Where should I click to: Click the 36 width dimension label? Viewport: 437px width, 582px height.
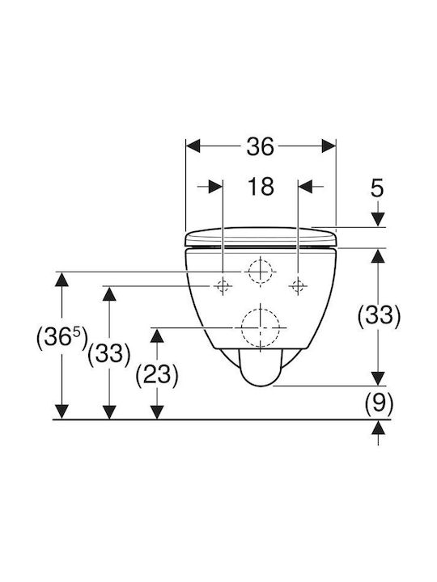click(260, 146)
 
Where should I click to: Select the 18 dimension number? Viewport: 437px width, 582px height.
click(261, 187)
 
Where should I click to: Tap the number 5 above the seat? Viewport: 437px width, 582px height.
click(377, 188)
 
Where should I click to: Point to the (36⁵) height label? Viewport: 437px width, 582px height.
click(62, 337)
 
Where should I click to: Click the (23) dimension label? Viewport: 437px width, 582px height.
click(157, 375)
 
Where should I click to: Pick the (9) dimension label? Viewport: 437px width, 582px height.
click(378, 403)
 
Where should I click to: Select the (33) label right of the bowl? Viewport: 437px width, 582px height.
click(379, 316)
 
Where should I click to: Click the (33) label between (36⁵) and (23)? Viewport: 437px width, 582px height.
click(109, 353)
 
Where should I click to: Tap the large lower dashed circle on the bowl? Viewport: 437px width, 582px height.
click(261, 328)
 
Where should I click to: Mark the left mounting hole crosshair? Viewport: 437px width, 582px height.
click(223, 286)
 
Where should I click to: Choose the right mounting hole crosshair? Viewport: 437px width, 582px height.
click(298, 286)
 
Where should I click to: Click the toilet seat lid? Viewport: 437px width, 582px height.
click(261, 236)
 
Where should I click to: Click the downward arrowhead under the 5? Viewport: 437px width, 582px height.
click(378, 220)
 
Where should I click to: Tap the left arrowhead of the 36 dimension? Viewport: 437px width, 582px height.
click(193, 146)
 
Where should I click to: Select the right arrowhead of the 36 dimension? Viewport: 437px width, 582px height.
click(329, 146)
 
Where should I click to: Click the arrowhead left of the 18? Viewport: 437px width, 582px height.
click(215, 187)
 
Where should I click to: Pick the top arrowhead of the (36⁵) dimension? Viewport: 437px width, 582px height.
click(62, 279)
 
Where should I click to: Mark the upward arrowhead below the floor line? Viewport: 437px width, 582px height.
click(378, 428)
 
